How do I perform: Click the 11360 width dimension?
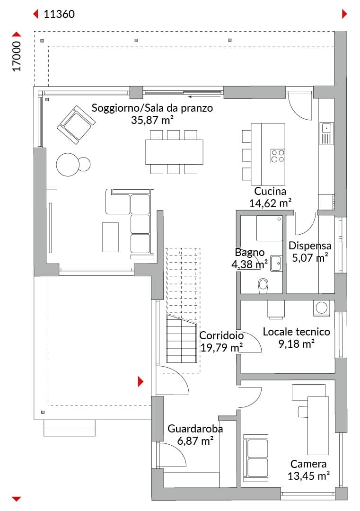pos(59,14)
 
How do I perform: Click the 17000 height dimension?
pos(17,56)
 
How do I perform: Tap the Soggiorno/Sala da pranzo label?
pos(152,108)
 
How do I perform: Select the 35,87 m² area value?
pos(152,120)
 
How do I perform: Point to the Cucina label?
pos(270,191)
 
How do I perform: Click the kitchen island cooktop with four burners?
pos(278,156)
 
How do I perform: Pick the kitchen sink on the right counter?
pos(326,133)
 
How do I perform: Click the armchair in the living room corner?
pos(76,124)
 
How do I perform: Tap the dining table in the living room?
pos(174,152)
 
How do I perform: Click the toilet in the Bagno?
pos(263,286)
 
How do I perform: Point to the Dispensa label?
pos(310,246)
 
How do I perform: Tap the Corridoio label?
pos(221,335)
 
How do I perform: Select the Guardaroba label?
pos(195,429)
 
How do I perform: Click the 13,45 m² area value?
pos(308,476)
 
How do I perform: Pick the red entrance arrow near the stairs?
pos(140,382)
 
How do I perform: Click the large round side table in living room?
pos(68,165)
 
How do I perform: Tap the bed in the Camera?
pos(318,425)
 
